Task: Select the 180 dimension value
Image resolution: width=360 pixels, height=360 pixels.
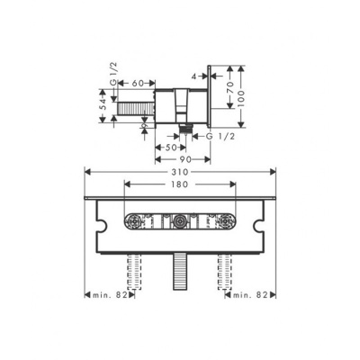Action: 182,183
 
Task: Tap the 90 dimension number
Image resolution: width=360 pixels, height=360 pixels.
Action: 184,158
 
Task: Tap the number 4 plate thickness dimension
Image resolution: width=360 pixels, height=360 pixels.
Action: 193,76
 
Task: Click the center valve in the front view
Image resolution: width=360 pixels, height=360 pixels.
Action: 182,220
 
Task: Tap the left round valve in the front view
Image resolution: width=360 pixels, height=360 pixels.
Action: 135,220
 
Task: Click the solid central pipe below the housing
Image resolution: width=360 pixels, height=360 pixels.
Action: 182,267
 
